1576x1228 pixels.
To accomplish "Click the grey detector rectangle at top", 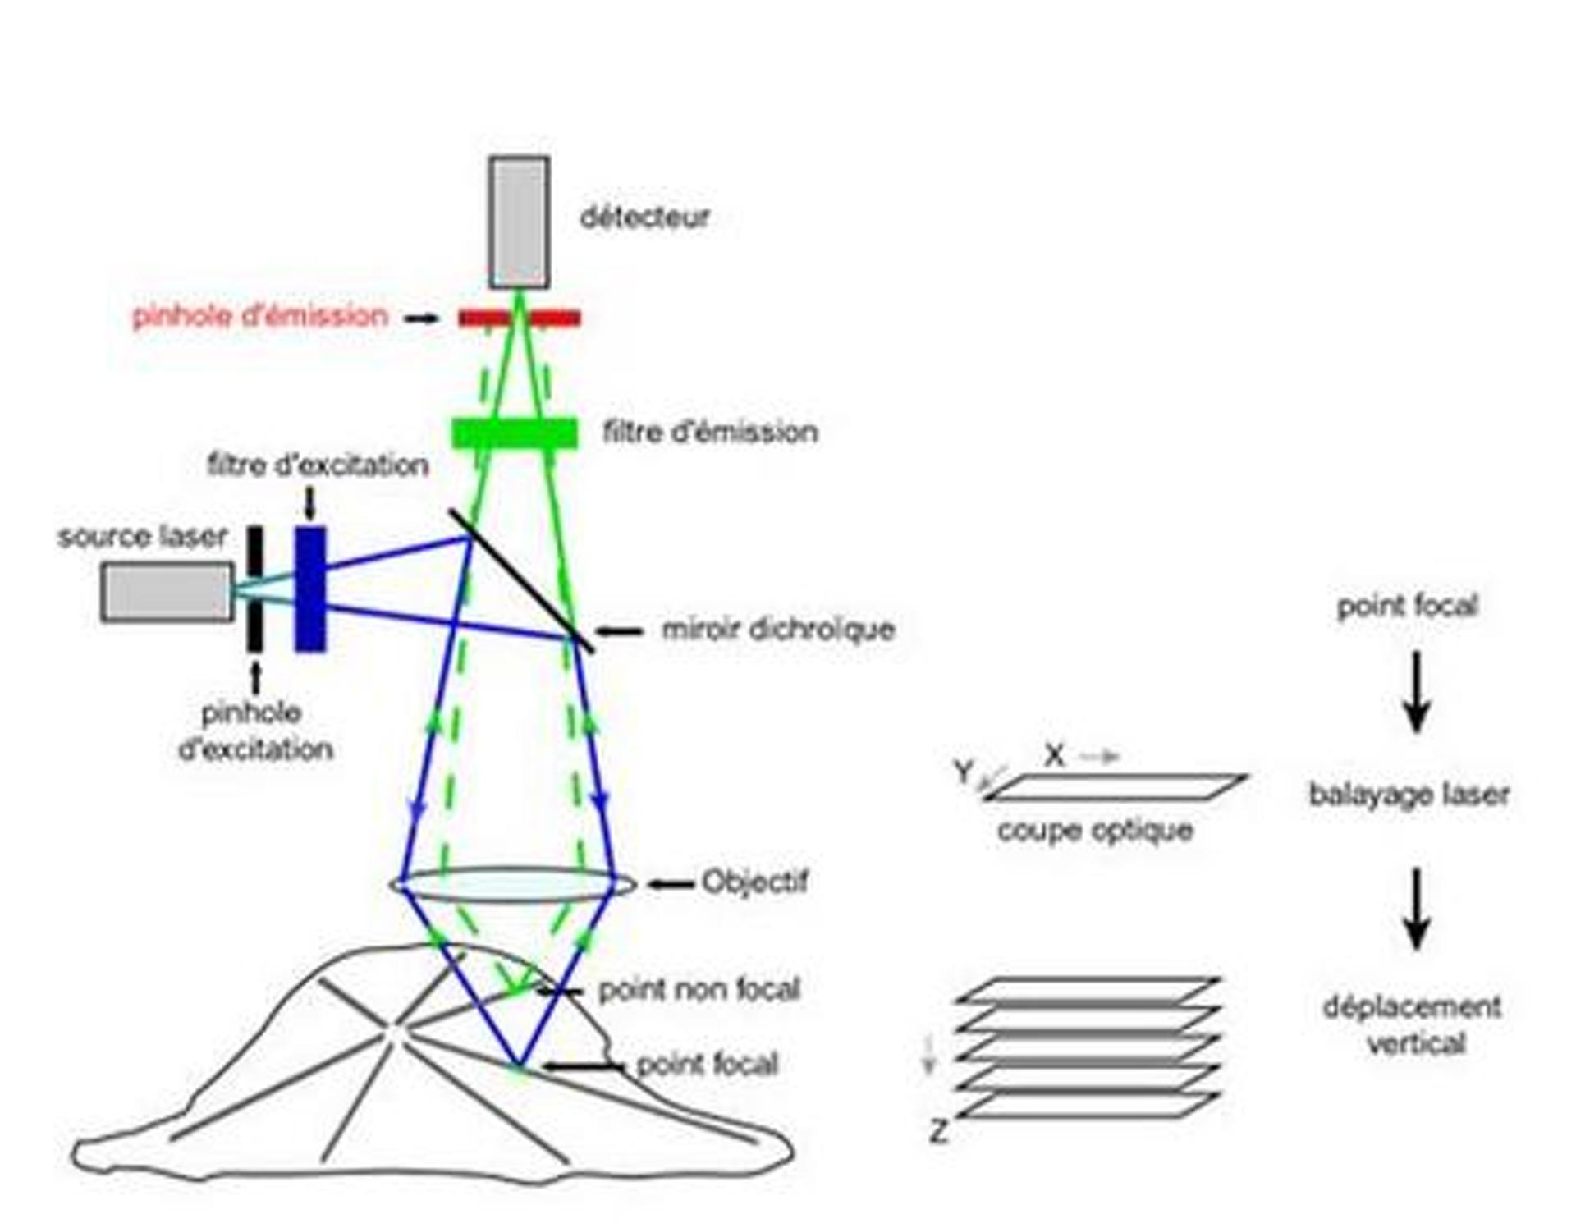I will [519, 222].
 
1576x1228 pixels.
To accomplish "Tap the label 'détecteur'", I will [644, 218].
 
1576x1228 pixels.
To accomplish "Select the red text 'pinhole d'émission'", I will [259, 316].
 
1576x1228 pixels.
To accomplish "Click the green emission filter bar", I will [515, 433].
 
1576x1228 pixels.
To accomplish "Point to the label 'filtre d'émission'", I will [710, 432].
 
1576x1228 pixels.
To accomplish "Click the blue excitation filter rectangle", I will [310, 589].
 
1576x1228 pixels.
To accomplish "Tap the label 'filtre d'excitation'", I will [318, 465].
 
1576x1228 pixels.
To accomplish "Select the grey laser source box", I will [167, 591].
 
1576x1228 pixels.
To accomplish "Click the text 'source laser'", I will [142, 537].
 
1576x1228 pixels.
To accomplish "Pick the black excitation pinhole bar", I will [255, 589].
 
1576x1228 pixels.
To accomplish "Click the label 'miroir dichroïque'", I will [778, 630].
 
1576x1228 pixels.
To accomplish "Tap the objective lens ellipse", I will [513, 885].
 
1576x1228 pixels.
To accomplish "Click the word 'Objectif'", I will [755, 882].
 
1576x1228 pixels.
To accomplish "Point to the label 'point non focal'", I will [699, 990].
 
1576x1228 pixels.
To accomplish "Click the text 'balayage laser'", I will [1409, 795].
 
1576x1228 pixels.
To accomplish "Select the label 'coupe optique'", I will [1095, 831].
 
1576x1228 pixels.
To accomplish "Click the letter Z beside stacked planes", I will [938, 1131].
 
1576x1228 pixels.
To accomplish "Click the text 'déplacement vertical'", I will [1413, 1024].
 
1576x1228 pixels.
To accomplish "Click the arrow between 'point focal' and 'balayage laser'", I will [1417, 691].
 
